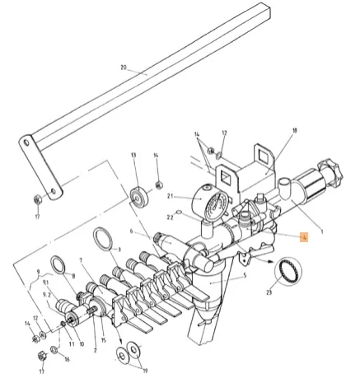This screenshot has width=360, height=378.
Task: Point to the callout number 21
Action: point(171,198)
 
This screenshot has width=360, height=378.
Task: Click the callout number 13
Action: point(133,155)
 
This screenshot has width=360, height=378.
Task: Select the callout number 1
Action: point(321,232)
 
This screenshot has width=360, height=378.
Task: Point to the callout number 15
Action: point(105,340)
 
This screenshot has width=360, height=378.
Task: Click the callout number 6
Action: point(131,234)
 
